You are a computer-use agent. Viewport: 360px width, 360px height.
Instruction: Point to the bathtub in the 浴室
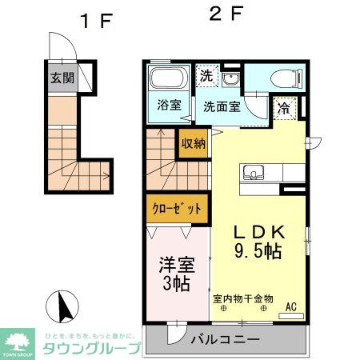pos(167,80)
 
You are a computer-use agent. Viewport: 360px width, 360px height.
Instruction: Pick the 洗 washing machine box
pos(206,77)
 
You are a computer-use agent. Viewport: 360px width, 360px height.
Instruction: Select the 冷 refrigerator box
pos(284,107)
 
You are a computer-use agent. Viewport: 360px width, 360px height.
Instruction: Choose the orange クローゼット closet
pos(176,209)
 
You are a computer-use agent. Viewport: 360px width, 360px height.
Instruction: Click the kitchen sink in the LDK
pos(254,172)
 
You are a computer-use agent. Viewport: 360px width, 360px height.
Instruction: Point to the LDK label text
pos(257,232)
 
